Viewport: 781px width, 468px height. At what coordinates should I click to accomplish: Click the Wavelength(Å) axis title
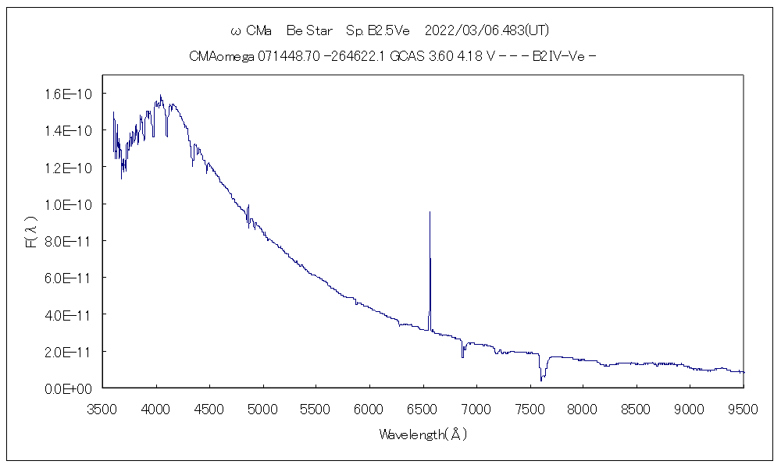tap(423, 434)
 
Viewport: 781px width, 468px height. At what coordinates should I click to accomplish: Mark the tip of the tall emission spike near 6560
tap(430, 211)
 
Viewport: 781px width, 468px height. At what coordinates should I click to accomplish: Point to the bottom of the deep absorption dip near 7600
tap(541, 381)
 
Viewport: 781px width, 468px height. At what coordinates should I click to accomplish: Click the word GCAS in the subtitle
tap(404, 56)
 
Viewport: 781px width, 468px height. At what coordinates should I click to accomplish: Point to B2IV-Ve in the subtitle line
tap(558, 56)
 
